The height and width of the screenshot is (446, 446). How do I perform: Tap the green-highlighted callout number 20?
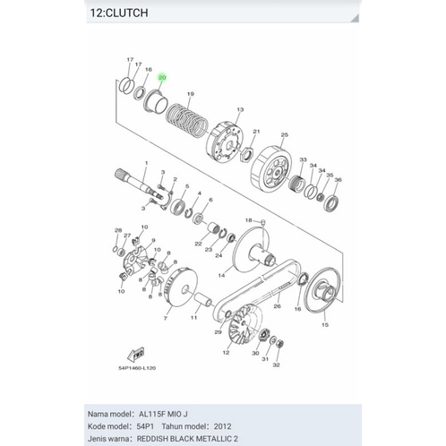(162, 78)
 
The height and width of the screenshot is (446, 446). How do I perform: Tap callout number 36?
(337, 180)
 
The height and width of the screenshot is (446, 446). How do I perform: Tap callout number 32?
(277, 365)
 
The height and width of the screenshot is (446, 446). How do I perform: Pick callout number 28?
(117, 230)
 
